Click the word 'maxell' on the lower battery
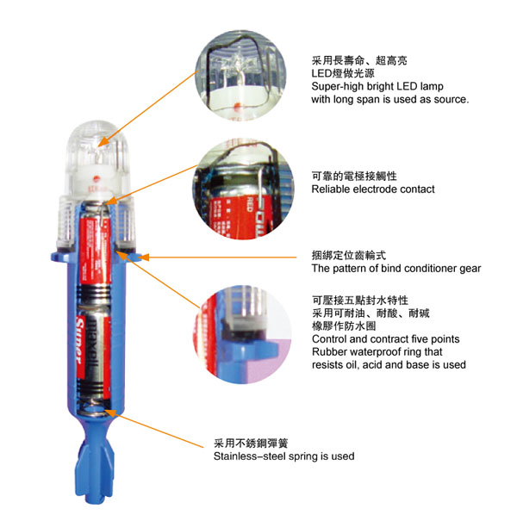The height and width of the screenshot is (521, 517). pos(93,349)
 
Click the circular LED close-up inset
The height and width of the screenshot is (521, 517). pos(241,75)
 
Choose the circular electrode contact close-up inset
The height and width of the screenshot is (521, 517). pos(244,189)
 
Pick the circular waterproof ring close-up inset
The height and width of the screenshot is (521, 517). pos(242,335)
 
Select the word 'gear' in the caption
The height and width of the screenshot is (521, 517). pos(470,269)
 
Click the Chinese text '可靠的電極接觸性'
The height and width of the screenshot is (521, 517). pos(354,176)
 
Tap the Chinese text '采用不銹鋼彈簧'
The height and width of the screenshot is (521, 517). pos(251,443)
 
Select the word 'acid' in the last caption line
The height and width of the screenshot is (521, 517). pos(372,364)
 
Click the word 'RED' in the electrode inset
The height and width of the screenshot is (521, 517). pos(251,204)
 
